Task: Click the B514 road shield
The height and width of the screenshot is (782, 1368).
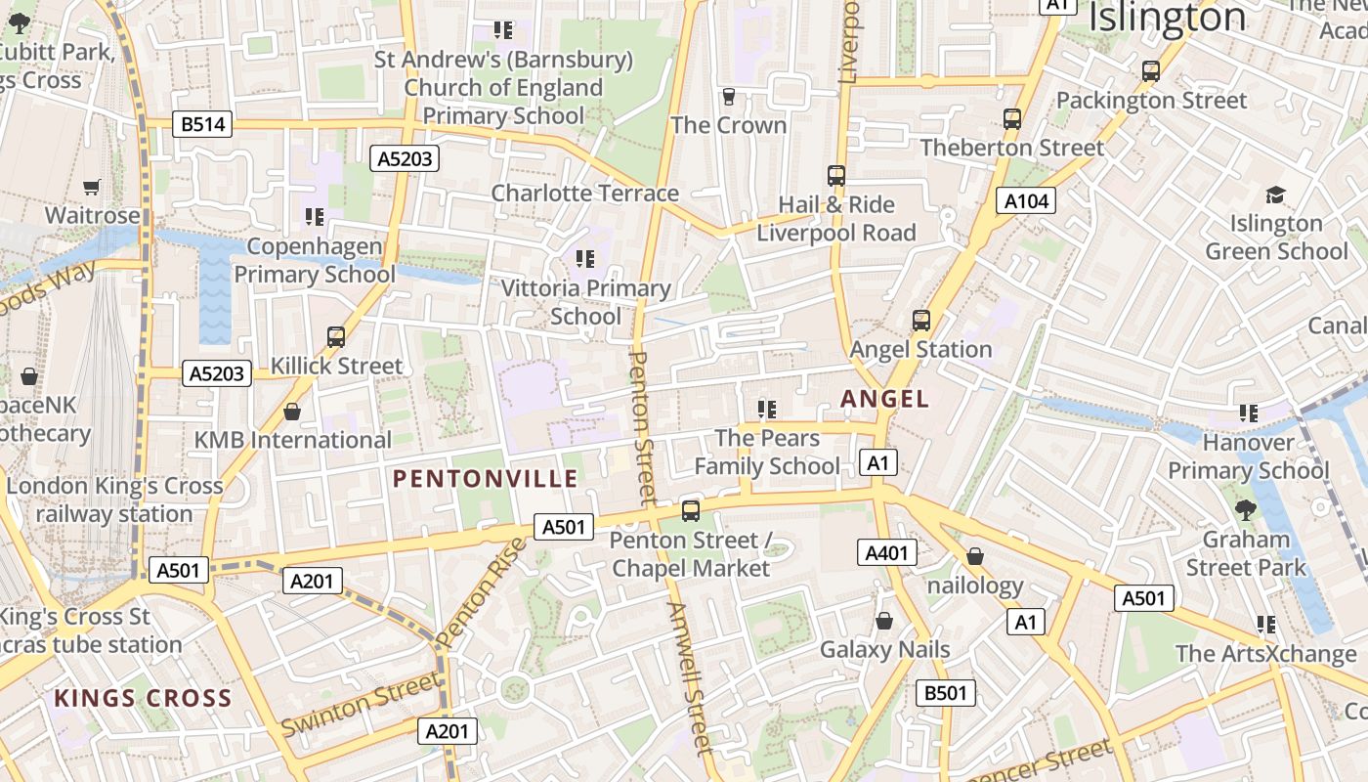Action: [x=203, y=124]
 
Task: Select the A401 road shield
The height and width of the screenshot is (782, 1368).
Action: [x=887, y=552]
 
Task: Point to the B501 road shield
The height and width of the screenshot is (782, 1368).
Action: [x=946, y=693]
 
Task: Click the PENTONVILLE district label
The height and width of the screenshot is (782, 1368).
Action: [x=486, y=479]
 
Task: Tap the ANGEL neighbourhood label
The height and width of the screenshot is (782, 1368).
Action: [x=884, y=399]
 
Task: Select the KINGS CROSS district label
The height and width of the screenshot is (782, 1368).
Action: [x=143, y=699]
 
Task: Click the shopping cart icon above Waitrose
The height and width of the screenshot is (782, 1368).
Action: [x=92, y=187]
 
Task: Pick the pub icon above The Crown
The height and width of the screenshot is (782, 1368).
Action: [x=728, y=96]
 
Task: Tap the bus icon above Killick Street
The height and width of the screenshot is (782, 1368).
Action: [x=336, y=337]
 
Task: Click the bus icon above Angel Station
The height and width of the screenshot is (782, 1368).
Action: [x=920, y=321]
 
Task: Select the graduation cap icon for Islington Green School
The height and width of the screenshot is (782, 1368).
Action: [x=1275, y=195]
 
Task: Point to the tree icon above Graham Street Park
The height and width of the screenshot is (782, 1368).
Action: [x=1245, y=509]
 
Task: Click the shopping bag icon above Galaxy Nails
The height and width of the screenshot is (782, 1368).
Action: [x=884, y=621]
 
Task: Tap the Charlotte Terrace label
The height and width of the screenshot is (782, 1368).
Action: [x=584, y=193]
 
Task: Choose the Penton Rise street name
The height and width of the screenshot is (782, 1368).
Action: [x=480, y=592]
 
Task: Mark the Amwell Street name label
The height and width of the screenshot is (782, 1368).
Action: [x=689, y=678]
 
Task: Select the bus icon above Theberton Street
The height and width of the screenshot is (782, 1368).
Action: [x=1012, y=119]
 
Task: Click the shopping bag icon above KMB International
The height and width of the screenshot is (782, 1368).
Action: [x=291, y=412]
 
